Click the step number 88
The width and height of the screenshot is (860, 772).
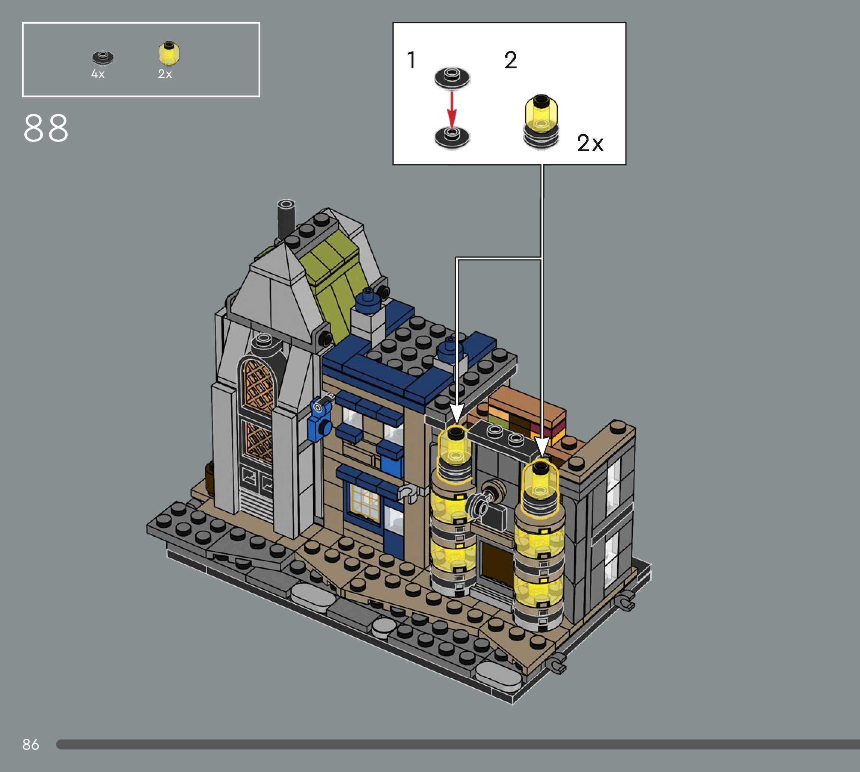pos(46,128)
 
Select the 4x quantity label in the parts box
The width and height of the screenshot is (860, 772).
pos(98,74)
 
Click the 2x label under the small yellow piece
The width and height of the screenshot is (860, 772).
pos(165,74)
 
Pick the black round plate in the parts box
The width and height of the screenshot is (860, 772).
pos(103,57)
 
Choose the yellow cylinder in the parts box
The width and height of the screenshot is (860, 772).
pos(169,54)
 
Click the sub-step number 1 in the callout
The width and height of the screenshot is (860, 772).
pos(411,60)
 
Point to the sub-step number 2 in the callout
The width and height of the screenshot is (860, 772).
pos(510,60)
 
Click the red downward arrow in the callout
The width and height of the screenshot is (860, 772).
pos(452,109)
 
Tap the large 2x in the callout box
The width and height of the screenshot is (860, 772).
pos(590,143)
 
